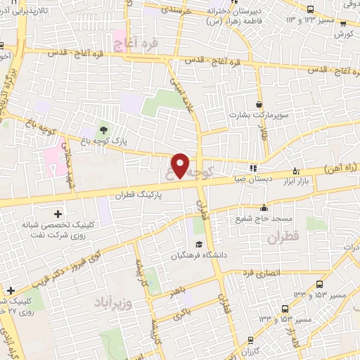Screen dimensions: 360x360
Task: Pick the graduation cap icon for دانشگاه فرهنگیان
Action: [x=199, y=245]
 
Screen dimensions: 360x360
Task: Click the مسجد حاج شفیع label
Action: [x=264, y=219]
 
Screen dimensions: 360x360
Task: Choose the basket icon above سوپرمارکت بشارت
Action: [x=260, y=104]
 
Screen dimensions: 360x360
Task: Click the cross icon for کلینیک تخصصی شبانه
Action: [x=58, y=212]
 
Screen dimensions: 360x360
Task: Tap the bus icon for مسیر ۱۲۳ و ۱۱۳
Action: [x=310, y=8]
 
